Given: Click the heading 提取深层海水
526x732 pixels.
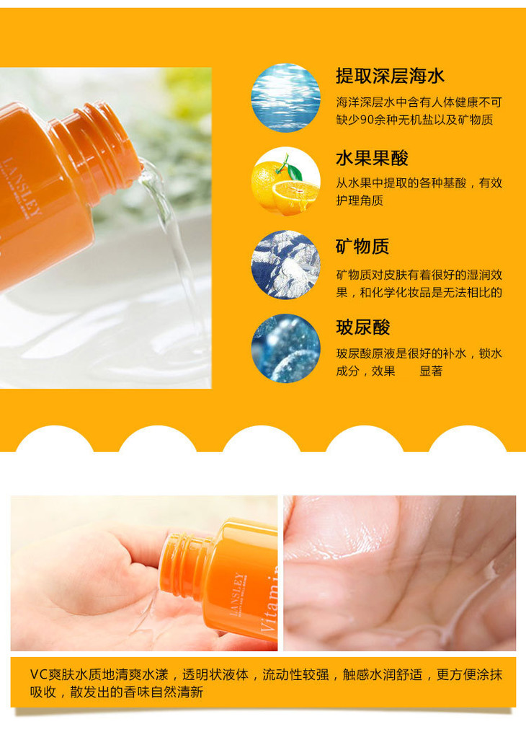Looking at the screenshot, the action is coord(390,76).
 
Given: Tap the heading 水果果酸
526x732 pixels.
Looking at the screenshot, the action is coord(372,158).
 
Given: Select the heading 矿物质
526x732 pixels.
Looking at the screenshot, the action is coord(362,246).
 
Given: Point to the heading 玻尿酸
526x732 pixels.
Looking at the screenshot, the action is coord(362,327).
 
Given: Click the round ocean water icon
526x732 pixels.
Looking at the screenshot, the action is coord(285,98).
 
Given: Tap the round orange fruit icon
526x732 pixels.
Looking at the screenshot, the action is coord(285,182).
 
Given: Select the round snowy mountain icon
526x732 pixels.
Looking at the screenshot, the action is coord(285,265).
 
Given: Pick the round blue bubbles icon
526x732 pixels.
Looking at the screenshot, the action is coord(285,348).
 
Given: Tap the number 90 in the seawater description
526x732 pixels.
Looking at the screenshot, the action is coord(367,120).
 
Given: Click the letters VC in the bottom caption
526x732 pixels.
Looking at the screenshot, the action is coord(39,674).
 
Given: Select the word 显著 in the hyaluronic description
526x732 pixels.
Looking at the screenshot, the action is coord(431,371).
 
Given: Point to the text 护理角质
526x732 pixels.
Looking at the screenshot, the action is coord(360,200).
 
